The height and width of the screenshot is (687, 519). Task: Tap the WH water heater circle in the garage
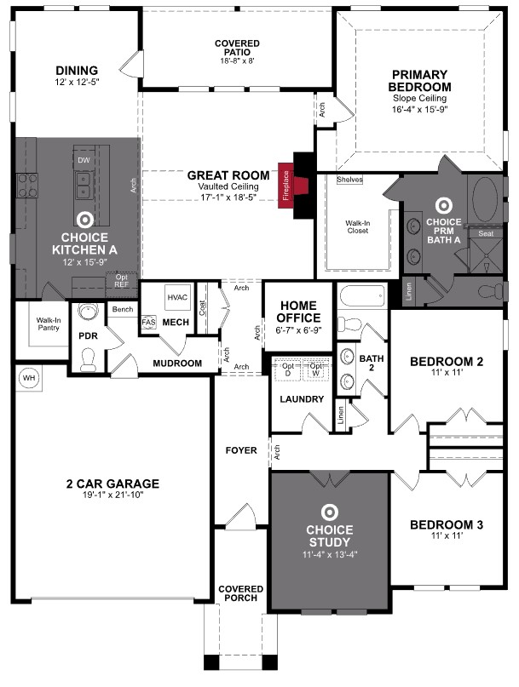click(x=27, y=378)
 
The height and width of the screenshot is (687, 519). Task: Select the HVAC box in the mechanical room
click(x=177, y=297)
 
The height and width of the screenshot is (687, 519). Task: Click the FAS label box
click(x=147, y=323)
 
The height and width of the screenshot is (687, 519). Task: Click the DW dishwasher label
click(x=84, y=160)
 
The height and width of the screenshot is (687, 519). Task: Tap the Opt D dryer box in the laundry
click(x=287, y=371)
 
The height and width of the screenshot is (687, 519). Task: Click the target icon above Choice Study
click(x=329, y=512)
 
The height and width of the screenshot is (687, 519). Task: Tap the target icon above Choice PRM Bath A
click(x=442, y=205)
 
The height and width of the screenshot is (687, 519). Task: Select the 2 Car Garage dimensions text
click(x=112, y=495)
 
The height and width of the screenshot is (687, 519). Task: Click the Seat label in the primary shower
click(x=485, y=233)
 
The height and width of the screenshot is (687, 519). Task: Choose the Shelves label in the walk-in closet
click(x=349, y=180)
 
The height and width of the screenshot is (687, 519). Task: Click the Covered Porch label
click(x=241, y=594)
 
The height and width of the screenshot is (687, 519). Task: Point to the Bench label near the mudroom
click(x=122, y=309)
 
